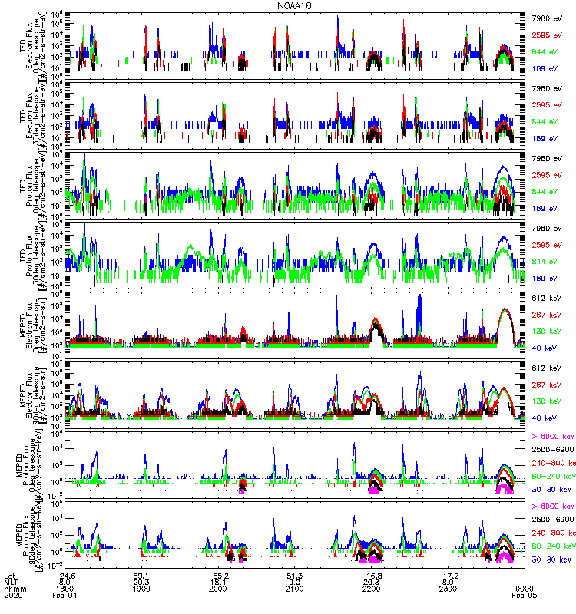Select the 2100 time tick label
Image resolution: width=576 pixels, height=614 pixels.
(x=295, y=590)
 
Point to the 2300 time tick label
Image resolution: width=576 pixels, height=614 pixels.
(x=449, y=590)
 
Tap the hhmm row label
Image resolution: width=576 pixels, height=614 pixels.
(x=14, y=590)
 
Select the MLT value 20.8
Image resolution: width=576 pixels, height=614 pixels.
(x=372, y=583)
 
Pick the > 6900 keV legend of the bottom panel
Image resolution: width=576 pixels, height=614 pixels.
(x=552, y=506)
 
